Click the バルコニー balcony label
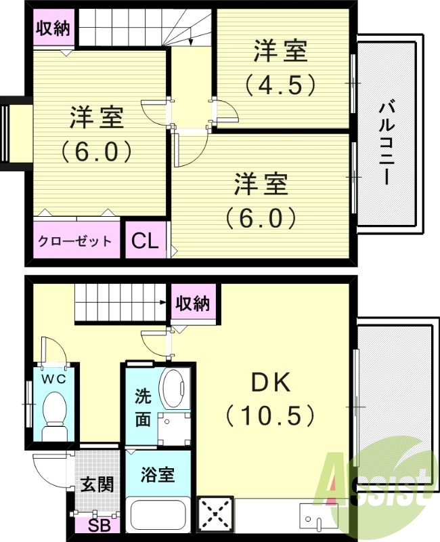[x=388, y=143]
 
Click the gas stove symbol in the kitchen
[x=215, y=516]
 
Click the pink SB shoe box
[x=96, y=525]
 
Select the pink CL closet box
[x=144, y=241]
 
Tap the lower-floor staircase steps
[x=119, y=303]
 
